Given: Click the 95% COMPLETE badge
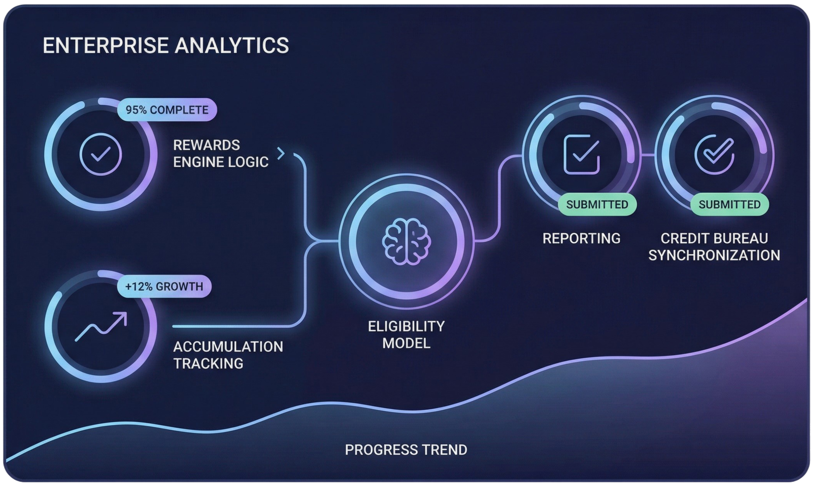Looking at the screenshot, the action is [x=167, y=110].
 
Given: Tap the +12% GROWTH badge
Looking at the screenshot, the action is [x=164, y=286].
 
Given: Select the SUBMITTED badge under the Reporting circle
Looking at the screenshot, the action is [x=597, y=204].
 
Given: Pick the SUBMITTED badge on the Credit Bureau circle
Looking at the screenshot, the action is [x=729, y=204].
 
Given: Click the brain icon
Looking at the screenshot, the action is [x=406, y=241].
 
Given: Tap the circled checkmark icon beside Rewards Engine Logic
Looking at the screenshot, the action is [x=101, y=154].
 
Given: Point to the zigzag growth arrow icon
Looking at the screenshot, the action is [x=101, y=327].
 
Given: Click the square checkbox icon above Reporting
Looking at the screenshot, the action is [x=582, y=154].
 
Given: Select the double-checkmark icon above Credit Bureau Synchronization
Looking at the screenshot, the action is [x=714, y=154].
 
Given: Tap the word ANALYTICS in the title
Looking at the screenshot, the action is [x=232, y=45].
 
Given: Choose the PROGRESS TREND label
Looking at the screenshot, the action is [x=406, y=450].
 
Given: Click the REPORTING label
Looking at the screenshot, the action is [x=581, y=238].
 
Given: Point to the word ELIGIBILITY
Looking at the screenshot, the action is [x=406, y=326].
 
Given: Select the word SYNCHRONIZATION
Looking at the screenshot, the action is [x=714, y=255].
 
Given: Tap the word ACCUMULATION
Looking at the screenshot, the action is [x=228, y=347].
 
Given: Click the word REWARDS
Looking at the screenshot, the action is [x=206, y=145].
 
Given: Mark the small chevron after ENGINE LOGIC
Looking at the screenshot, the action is [x=281, y=154].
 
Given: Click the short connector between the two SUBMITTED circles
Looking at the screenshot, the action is [x=648, y=155].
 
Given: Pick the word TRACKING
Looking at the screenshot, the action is [x=208, y=364].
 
